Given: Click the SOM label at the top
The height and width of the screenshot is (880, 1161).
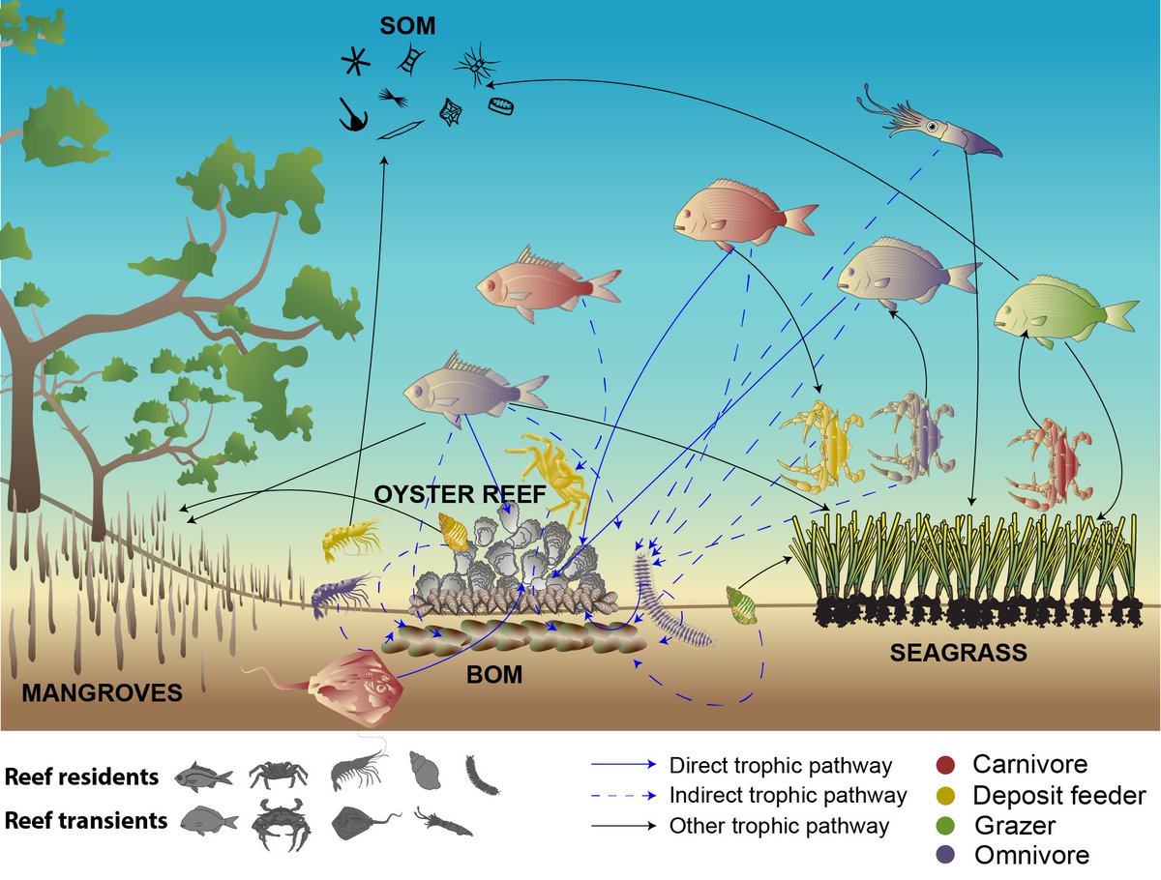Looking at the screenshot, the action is (407, 26).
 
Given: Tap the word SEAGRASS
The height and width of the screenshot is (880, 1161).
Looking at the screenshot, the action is (958, 654).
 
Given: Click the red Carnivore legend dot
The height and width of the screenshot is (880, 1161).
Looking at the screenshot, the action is (947, 765).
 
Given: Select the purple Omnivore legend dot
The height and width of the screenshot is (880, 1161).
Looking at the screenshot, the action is (947, 855).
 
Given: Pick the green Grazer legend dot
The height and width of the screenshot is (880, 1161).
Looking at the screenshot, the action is (947, 825).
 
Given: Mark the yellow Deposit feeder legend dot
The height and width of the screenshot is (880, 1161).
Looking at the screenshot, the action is (947, 795).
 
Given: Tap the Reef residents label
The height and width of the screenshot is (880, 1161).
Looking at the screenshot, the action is (81, 777).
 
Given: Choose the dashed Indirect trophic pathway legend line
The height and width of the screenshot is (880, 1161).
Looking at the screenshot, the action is (624, 796).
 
